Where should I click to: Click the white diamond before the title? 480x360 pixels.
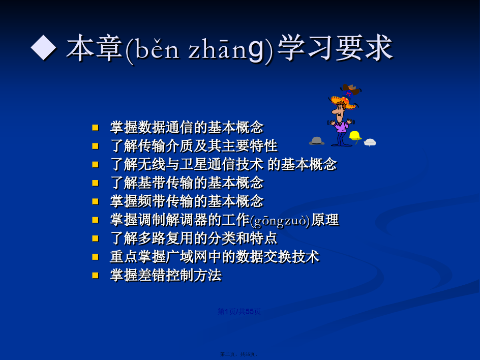[x=43, y=47]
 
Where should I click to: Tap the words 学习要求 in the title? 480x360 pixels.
[x=335, y=47]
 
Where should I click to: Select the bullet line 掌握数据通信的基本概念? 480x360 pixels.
[x=187, y=127]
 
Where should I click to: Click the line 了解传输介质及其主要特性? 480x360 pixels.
[x=194, y=146]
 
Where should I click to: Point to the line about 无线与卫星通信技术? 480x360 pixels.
[x=223, y=164]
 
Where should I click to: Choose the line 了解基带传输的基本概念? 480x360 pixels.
[x=187, y=183]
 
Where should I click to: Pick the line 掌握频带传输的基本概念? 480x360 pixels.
[x=187, y=201]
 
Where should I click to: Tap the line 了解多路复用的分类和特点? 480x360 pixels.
[x=194, y=238]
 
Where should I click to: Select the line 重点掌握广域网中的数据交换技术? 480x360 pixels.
[x=215, y=257]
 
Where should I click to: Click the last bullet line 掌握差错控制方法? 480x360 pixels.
[x=166, y=275]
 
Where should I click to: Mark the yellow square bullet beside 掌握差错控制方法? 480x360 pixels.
[x=95, y=275]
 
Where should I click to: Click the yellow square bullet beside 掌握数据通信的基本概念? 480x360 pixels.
[x=95, y=127]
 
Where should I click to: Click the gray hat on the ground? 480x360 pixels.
[x=317, y=141]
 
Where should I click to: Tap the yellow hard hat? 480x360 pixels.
[x=355, y=136]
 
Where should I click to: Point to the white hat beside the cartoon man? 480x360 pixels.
[x=370, y=142]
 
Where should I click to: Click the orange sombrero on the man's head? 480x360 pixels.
[x=343, y=102]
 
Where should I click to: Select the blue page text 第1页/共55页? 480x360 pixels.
[x=239, y=312]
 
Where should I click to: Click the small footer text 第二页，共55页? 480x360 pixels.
[x=239, y=354]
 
